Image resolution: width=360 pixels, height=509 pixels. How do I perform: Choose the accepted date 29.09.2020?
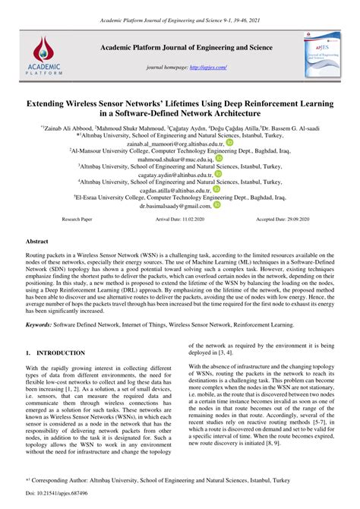pos(292,219)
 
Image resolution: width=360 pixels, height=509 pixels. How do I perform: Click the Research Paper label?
pos(77,219)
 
